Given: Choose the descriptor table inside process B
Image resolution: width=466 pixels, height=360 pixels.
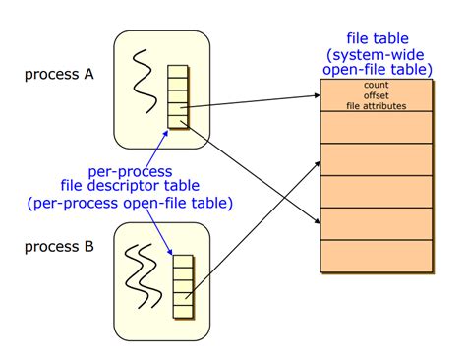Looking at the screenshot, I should (x=182, y=286).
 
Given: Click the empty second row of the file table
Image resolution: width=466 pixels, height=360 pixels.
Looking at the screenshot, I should (x=378, y=126).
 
